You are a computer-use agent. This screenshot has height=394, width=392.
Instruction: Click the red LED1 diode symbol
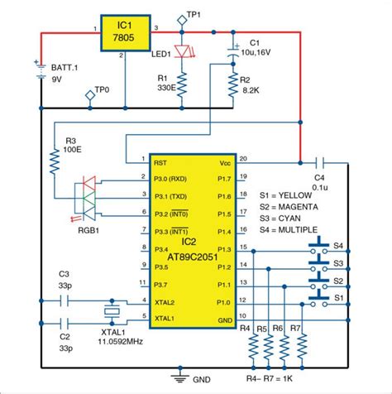tap(183, 51)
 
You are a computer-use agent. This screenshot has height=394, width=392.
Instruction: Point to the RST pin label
tap(160, 163)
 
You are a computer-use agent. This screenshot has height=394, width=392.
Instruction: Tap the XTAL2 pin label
tap(164, 301)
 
